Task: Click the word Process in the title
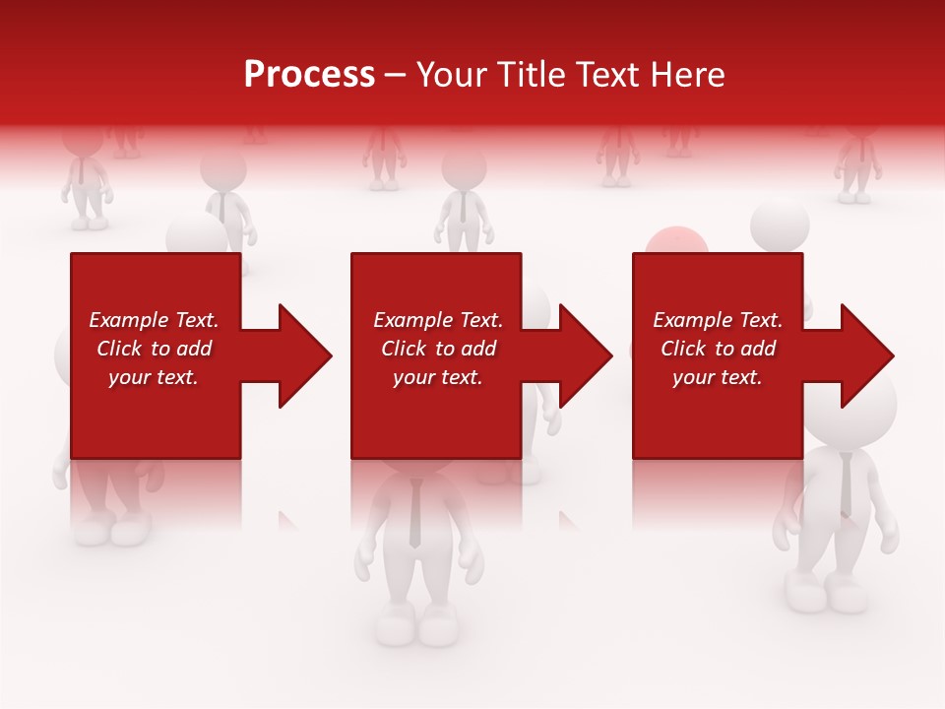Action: pos(309,75)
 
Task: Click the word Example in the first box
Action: pos(129,320)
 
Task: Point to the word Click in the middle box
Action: pos(405,349)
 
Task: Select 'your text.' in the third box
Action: pos(717,377)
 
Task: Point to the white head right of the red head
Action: pos(780,225)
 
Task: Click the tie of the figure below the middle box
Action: pos(415,513)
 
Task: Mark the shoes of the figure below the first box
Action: pos(109,530)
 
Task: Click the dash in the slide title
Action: pos(395,76)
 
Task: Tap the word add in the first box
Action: pos(194,349)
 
